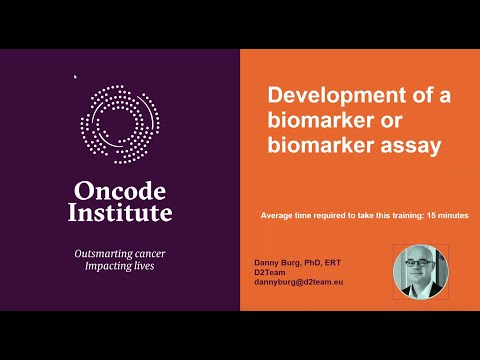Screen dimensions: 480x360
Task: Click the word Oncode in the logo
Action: point(120,191)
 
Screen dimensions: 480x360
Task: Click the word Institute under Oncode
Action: point(120,212)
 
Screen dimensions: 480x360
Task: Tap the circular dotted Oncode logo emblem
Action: point(120,124)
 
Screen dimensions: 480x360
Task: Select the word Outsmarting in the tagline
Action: point(103,254)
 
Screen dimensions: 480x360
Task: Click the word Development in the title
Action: point(337,96)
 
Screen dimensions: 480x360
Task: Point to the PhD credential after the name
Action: point(313,263)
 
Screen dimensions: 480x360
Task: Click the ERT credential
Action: point(333,263)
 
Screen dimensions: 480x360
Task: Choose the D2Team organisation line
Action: point(270,272)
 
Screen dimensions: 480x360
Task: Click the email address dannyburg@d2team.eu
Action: point(299,282)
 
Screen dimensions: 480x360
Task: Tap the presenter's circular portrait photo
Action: point(421,272)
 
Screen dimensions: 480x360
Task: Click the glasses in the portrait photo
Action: point(418,262)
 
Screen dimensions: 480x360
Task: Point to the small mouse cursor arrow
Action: point(75,77)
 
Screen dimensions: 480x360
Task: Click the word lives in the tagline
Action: point(144,266)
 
